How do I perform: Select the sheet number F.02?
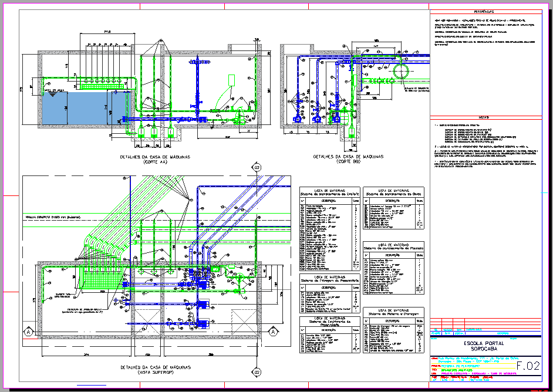[528, 366]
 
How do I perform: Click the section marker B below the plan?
[257, 371]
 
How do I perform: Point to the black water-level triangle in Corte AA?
[53, 96]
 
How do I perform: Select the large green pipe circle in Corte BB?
[402, 72]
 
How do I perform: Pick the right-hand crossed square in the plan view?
[241, 320]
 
